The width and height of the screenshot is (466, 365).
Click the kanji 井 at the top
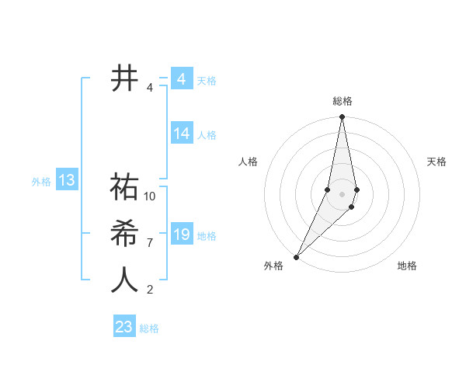(124, 79)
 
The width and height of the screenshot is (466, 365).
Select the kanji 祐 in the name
(124, 187)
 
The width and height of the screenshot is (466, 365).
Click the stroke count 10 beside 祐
(150, 196)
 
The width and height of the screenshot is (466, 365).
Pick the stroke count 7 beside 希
(150, 243)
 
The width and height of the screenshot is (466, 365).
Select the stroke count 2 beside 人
(150, 290)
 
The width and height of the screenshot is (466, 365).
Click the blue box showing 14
(182, 134)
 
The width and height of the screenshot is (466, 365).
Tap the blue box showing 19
(182, 235)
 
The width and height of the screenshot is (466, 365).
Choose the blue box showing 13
(66, 181)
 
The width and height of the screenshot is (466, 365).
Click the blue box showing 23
(124, 327)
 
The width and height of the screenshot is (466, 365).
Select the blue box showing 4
(182, 79)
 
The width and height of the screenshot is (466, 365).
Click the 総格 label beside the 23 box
(149, 328)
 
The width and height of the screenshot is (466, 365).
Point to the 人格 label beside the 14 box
(207, 135)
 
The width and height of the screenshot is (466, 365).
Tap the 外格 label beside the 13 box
(41, 182)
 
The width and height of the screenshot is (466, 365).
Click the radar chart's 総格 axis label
(342, 102)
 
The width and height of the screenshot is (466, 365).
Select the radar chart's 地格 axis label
(407, 266)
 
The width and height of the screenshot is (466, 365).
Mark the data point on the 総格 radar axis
(342, 117)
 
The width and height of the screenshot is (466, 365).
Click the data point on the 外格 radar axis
(296, 256)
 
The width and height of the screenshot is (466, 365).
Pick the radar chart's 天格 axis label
(436, 162)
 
